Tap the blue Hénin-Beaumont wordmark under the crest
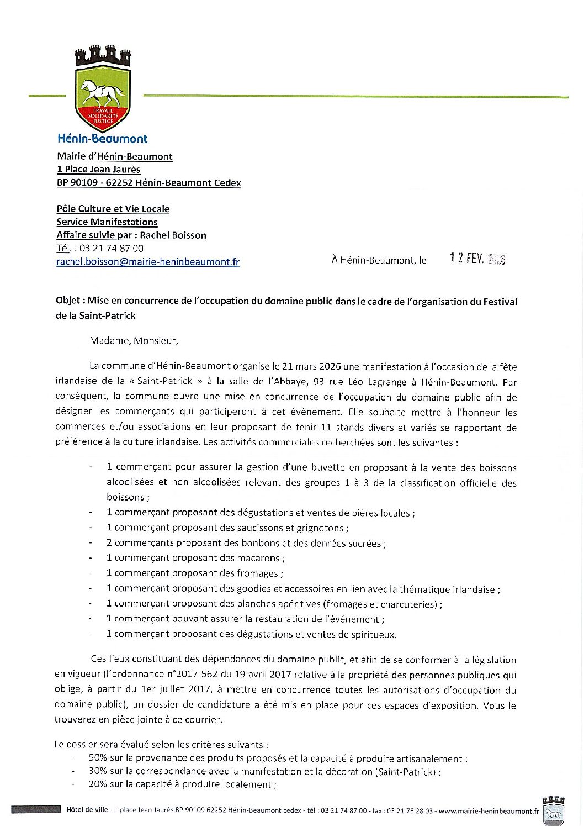pos(103,139)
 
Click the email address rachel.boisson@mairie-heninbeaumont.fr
pos(147,262)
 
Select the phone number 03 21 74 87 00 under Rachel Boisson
pos(111,249)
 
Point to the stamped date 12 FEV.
pos(477,259)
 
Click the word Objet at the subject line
pos(69,302)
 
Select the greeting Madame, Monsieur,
pos(134,341)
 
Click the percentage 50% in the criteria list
pos(98,758)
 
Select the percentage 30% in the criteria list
pos(98,771)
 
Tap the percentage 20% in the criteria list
pos(98,784)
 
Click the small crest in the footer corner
pos(553,809)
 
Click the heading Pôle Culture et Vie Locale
pos(113,209)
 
